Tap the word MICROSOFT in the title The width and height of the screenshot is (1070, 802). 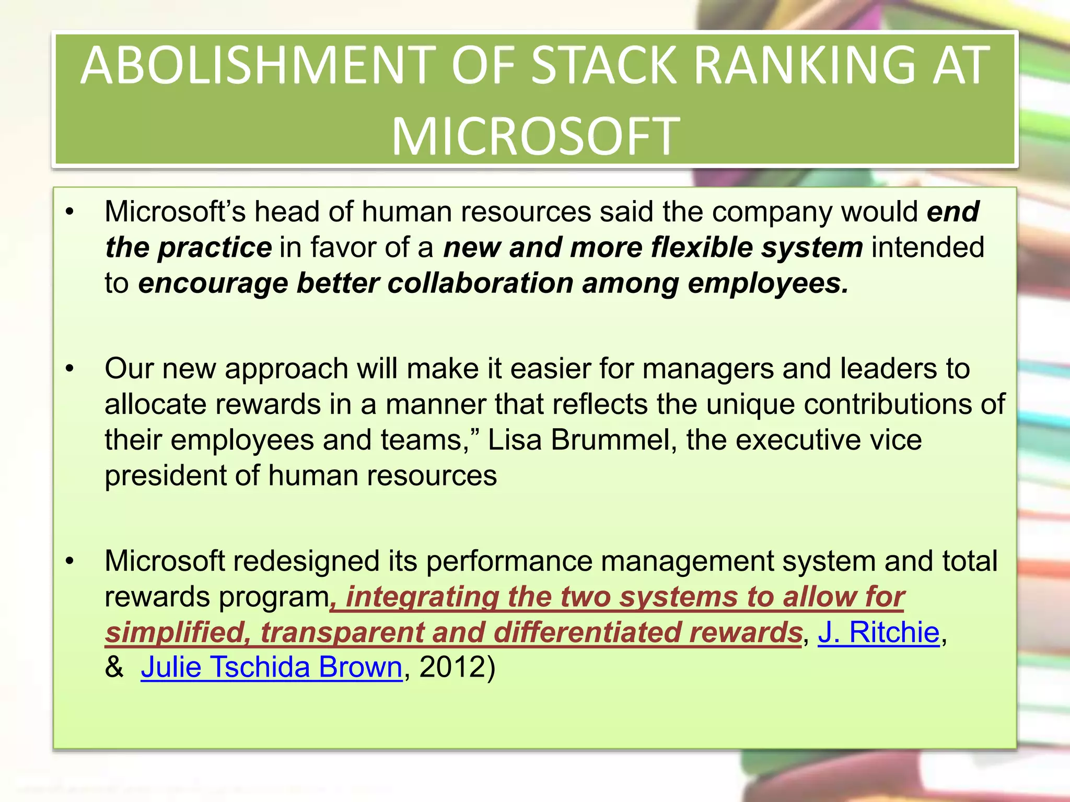pos(536,137)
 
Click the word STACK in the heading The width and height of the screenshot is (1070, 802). pos(604,66)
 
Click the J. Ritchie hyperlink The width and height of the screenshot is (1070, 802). pos(878,632)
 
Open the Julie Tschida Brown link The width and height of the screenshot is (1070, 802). pos(271,667)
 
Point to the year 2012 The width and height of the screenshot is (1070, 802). pos(452,667)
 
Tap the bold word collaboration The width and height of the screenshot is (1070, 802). pos(480,283)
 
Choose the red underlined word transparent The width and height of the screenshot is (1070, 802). pos(342,632)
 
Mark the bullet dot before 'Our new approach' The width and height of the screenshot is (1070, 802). pos(70,369)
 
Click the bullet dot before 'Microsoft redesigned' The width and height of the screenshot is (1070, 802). pos(70,561)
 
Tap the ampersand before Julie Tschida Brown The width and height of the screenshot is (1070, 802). pos(114,667)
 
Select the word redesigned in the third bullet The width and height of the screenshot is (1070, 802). pos(306,561)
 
